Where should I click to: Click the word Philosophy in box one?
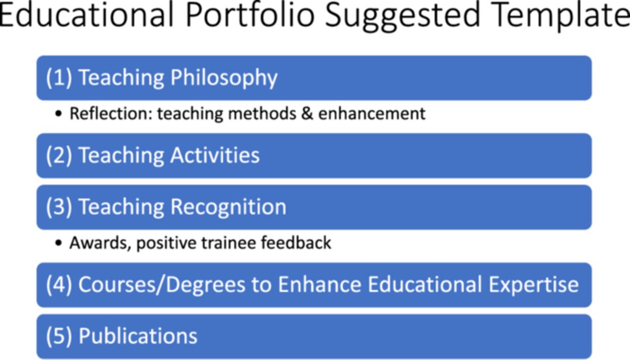pyautogui.click(x=224, y=78)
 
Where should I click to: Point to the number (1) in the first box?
pyautogui.click(x=59, y=78)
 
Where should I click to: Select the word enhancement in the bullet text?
pyautogui.click(x=372, y=113)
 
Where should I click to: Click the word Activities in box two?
pyautogui.click(x=214, y=155)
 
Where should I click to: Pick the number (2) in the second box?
pyautogui.click(x=59, y=155)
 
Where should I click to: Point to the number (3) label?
pyautogui.click(x=59, y=207)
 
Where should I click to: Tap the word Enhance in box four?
pyautogui.click(x=320, y=284)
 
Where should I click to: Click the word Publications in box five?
pyautogui.click(x=138, y=336)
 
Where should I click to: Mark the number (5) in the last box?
pyautogui.click(x=59, y=336)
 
